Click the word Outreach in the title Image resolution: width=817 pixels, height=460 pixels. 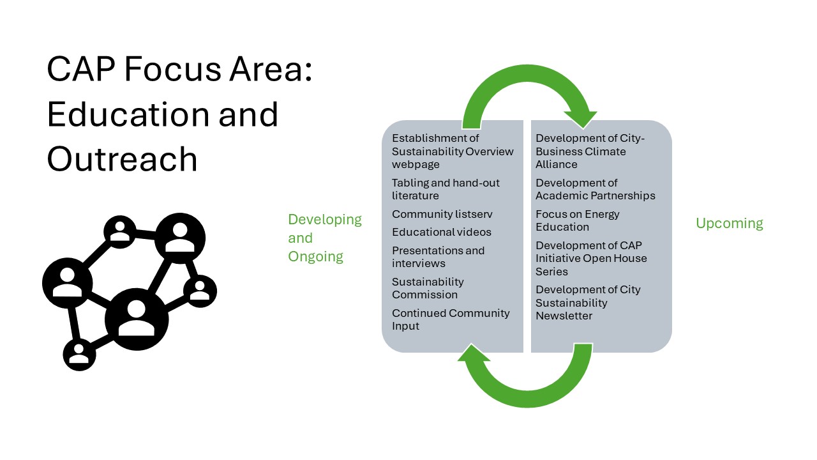122,159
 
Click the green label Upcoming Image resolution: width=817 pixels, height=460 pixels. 730,224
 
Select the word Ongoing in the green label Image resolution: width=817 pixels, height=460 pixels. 315,257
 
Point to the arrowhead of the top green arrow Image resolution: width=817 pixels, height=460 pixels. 583,119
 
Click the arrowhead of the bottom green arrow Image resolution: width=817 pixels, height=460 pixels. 474,353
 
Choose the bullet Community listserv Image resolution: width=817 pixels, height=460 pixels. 442,214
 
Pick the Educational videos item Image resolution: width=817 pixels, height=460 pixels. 442,232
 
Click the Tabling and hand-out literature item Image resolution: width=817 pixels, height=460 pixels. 446,189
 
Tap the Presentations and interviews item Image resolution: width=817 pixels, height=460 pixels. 438,257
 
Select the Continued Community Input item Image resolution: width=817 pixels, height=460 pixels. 451,319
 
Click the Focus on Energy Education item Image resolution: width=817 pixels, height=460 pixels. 578,220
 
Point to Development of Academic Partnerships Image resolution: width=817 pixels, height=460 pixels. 596,189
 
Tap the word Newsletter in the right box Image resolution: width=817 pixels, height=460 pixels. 564,316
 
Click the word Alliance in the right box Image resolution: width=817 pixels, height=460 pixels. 556,164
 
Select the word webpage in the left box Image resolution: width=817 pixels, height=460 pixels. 416,165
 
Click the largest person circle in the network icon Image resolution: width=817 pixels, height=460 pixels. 137,319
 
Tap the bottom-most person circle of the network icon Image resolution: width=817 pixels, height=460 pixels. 79,355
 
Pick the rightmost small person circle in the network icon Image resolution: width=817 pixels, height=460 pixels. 200,291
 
